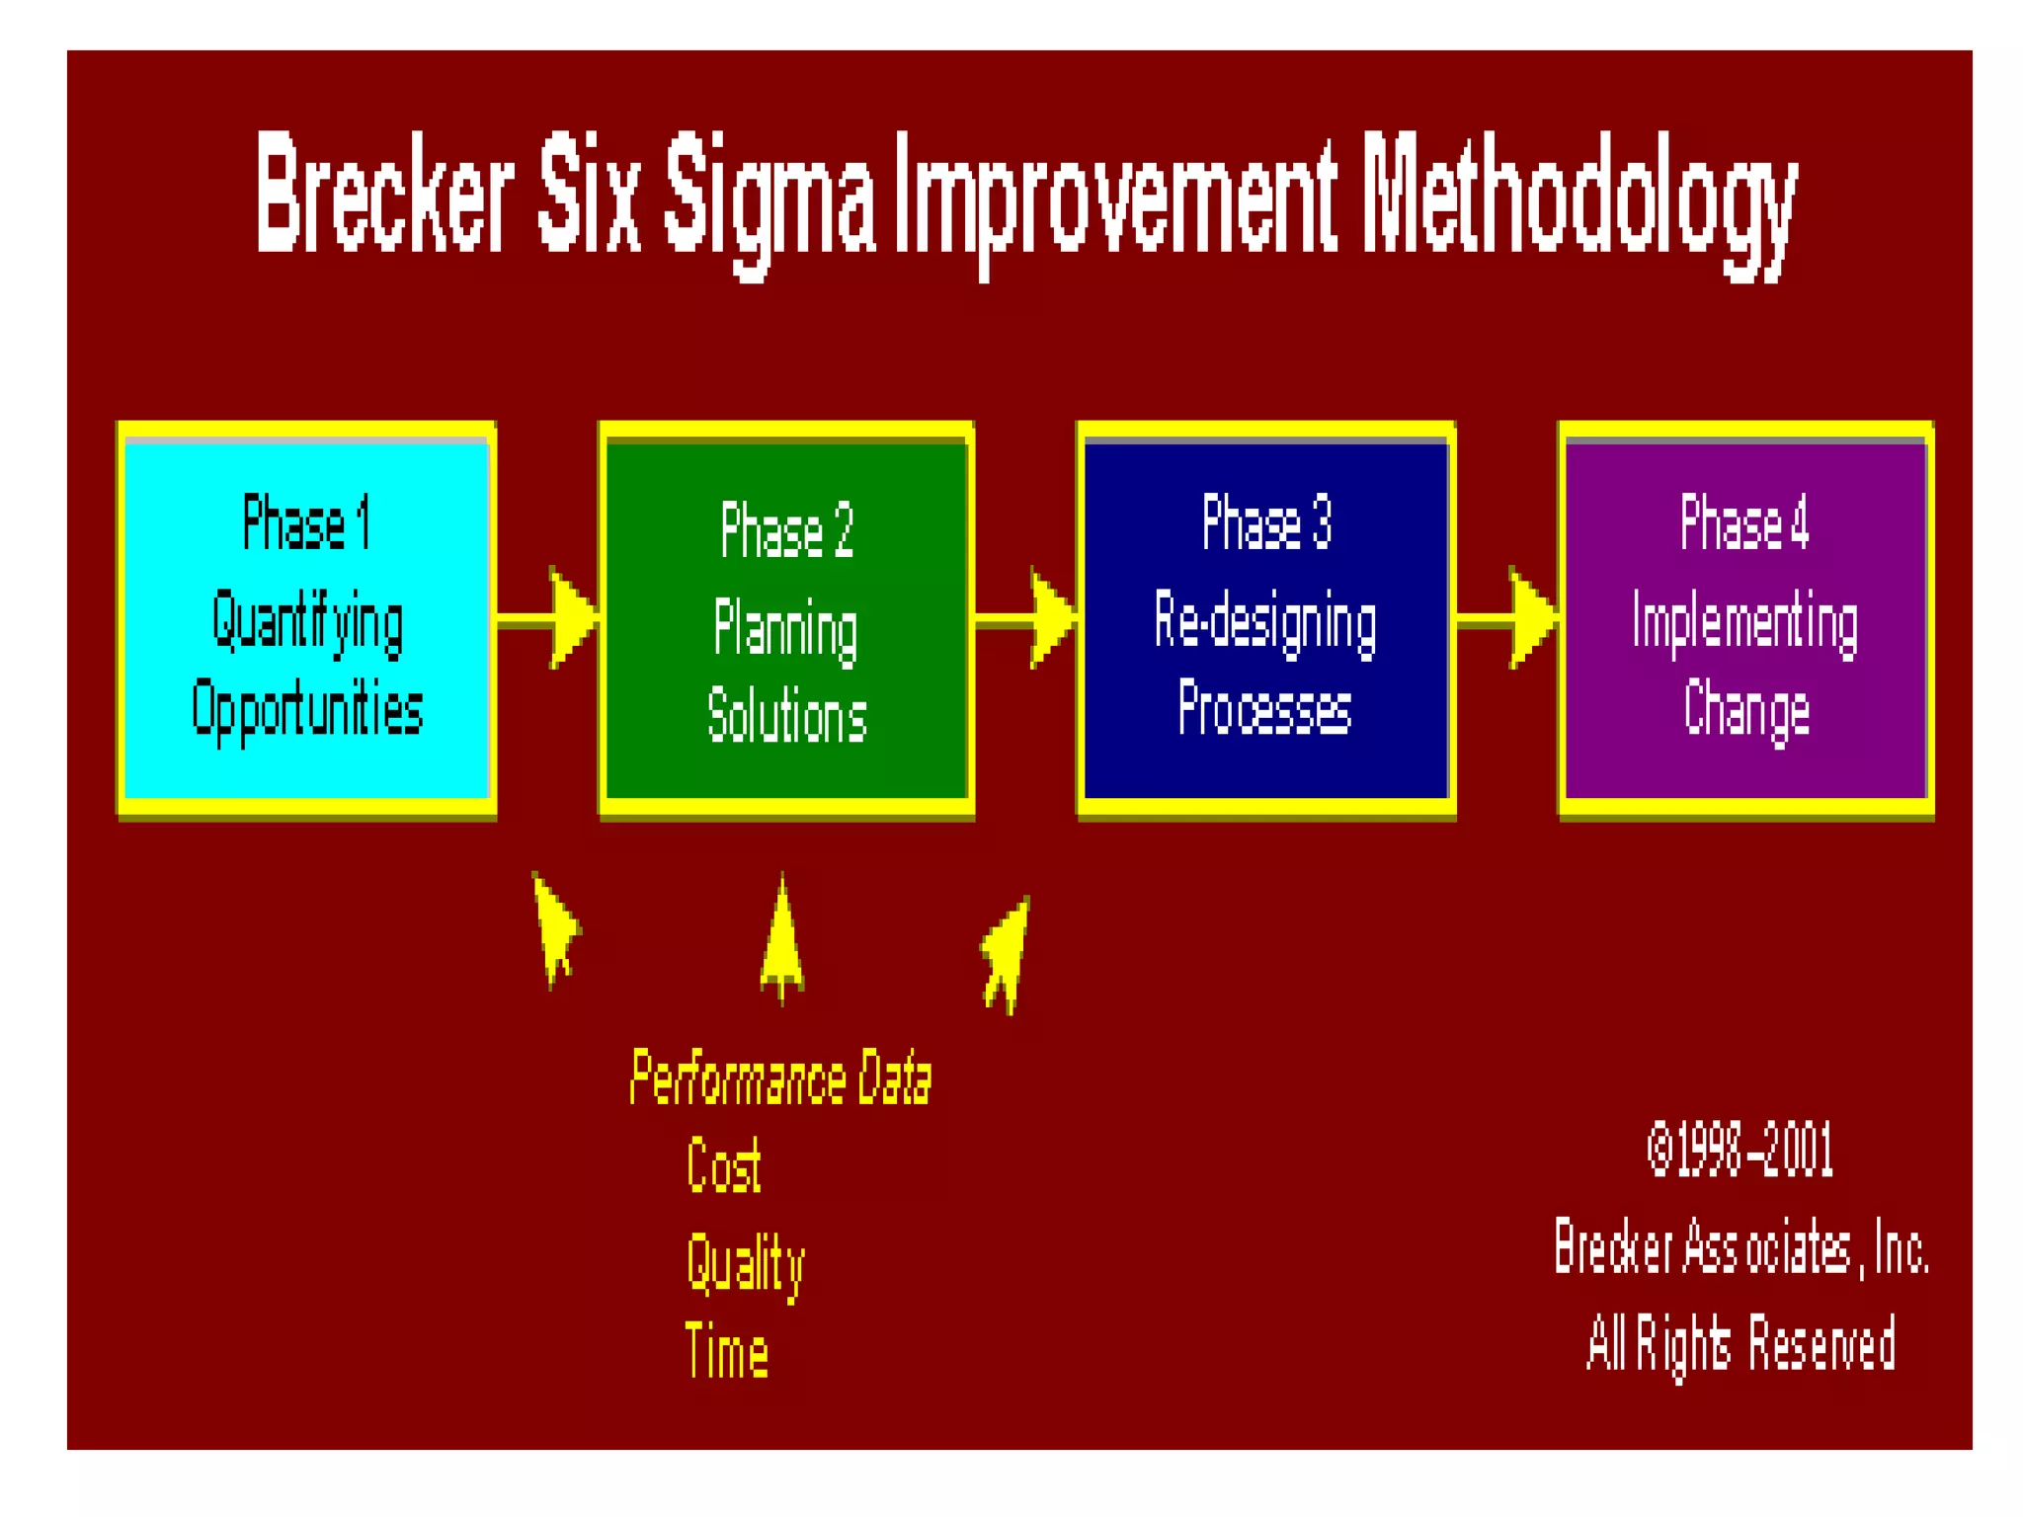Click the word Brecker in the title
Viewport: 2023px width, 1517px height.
point(385,193)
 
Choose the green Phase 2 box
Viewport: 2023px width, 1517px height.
point(786,622)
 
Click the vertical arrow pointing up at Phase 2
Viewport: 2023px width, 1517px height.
point(782,943)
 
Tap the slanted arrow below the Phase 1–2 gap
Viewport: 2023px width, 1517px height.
point(555,928)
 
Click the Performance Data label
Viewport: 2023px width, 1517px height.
point(780,1078)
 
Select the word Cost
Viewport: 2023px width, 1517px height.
point(724,1165)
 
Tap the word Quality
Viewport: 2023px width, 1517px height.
point(746,1264)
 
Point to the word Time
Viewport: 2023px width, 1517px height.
point(727,1351)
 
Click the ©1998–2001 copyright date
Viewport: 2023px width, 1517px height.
point(1740,1150)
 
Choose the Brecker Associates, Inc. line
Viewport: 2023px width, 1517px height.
point(1740,1248)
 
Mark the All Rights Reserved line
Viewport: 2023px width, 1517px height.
point(1740,1343)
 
